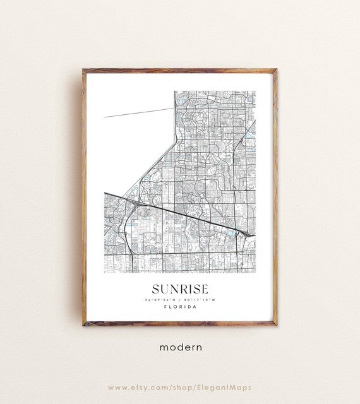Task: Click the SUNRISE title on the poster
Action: (x=179, y=288)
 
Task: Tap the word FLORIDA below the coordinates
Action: (x=179, y=307)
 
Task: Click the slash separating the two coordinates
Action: (x=180, y=299)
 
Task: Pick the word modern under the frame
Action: (x=180, y=347)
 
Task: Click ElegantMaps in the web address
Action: (x=230, y=387)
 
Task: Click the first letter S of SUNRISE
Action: (x=151, y=288)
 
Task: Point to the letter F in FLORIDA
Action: (x=164, y=307)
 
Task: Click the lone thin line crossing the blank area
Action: (x=139, y=112)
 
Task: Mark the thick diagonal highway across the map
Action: (x=183, y=215)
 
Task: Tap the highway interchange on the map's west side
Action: (x=134, y=203)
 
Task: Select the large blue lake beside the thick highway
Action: (x=231, y=233)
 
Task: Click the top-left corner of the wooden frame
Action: (x=84, y=70)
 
